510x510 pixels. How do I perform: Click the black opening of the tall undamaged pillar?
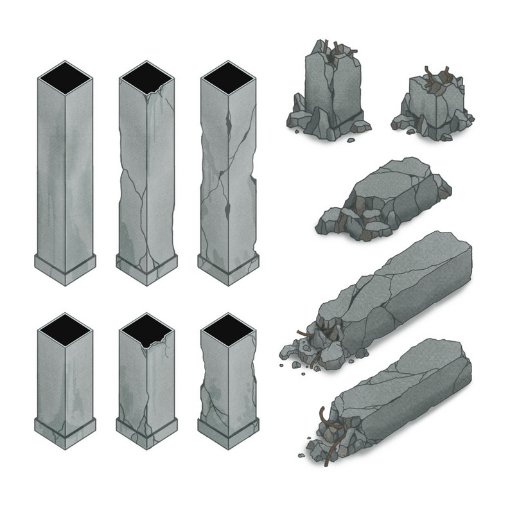pos(65,77)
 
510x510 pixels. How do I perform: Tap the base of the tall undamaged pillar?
pos(65,268)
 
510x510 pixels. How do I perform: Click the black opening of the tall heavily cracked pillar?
pos(228,77)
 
